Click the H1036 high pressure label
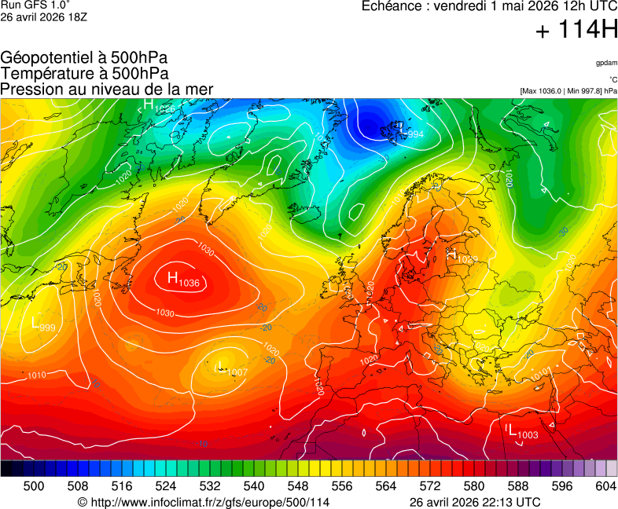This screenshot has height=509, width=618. (182, 279)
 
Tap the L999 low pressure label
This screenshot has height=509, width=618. (42, 324)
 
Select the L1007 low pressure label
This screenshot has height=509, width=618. (231, 370)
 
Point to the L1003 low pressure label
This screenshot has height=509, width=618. (522, 432)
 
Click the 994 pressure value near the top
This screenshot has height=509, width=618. (416, 134)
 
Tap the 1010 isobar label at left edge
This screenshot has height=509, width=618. (36, 375)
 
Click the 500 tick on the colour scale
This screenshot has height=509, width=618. (33, 486)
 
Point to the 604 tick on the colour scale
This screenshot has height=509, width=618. (605, 486)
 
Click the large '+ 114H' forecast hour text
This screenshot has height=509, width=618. (576, 31)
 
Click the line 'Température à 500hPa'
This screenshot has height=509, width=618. (84, 74)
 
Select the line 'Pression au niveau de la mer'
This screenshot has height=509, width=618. (107, 90)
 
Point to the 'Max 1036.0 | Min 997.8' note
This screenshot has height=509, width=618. (568, 91)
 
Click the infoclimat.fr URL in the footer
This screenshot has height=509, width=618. (204, 502)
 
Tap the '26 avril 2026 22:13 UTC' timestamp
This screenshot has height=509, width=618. (475, 502)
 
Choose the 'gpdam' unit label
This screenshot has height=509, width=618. (606, 63)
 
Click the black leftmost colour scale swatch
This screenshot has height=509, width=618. (6, 469)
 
